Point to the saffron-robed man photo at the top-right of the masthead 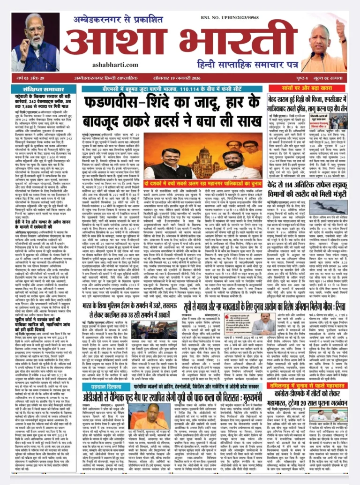[325, 45]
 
